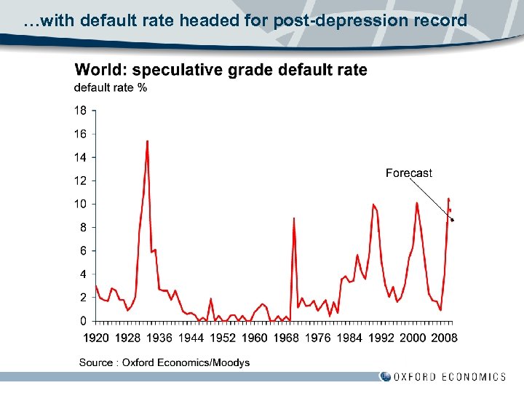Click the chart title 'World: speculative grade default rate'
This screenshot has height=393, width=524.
click(221, 70)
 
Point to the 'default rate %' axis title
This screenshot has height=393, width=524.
click(111, 88)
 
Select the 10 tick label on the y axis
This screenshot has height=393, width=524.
click(80, 204)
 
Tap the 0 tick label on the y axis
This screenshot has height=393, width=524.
click(83, 321)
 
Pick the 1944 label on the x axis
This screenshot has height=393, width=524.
click(191, 338)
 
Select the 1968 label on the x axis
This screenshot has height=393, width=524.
click(286, 338)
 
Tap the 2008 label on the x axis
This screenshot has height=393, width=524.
click(443, 338)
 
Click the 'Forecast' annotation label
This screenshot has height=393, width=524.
click(408, 173)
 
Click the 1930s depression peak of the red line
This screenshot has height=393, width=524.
click(148, 141)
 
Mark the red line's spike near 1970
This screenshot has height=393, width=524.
click(294, 218)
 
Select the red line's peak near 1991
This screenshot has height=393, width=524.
click(373, 205)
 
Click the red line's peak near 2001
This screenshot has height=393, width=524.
click(417, 203)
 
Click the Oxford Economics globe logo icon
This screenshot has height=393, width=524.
click(385, 376)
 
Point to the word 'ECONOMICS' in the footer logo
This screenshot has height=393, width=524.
click(475, 376)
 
